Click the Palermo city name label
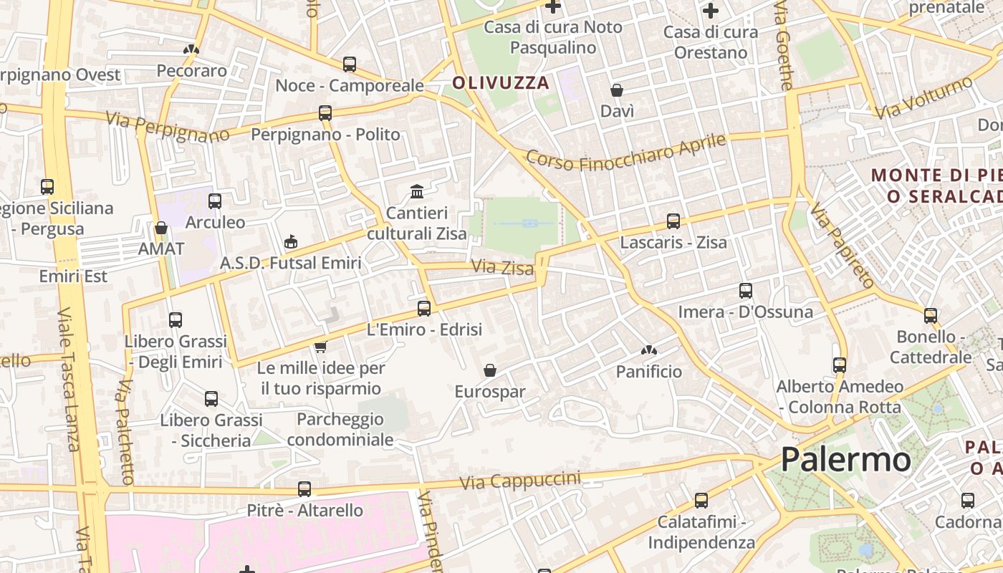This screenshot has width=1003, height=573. click(845, 459)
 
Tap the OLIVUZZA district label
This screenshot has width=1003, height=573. click(501, 83)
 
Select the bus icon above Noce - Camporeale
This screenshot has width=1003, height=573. click(350, 64)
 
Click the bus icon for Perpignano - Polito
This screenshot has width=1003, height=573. click(325, 113)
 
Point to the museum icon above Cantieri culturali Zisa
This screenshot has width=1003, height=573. click(417, 191)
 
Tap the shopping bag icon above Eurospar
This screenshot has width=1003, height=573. click(490, 370)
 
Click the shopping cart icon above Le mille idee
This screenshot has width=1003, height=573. click(320, 347)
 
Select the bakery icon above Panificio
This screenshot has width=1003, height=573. click(649, 350)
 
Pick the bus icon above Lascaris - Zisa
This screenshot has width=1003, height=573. click(673, 221)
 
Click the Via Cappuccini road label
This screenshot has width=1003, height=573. click(519, 481)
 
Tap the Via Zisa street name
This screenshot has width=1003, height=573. click(502, 268)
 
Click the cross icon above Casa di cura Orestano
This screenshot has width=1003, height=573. click(711, 11)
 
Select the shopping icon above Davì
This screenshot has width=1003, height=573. click(617, 90)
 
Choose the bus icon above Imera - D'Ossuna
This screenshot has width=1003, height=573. click(746, 291)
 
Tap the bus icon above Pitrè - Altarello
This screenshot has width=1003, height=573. click(304, 489)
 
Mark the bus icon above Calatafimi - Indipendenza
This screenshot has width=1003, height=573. click(701, 501)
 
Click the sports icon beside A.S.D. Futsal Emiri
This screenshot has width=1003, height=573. click(290, 241)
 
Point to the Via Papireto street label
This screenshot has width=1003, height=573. click(843, 245)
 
